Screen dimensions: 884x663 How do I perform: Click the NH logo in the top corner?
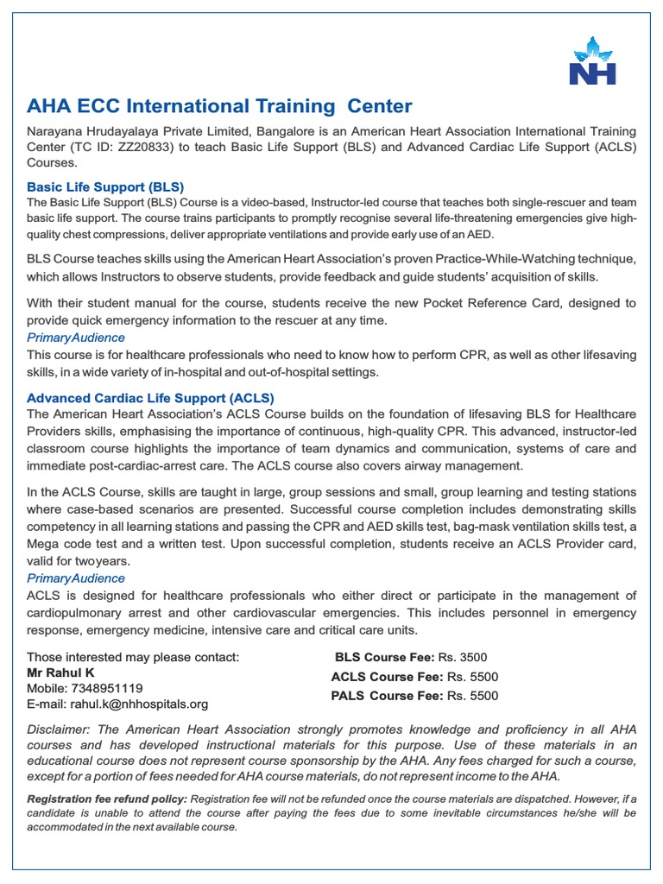592,61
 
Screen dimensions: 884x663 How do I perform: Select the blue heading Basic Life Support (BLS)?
105,186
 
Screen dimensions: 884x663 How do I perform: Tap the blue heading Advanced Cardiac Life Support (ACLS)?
150,398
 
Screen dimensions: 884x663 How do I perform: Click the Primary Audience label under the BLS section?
76,338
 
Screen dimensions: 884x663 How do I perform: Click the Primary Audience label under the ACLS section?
76,578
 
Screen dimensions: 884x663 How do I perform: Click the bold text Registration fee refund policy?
107,799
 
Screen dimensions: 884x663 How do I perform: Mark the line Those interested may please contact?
133,656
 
